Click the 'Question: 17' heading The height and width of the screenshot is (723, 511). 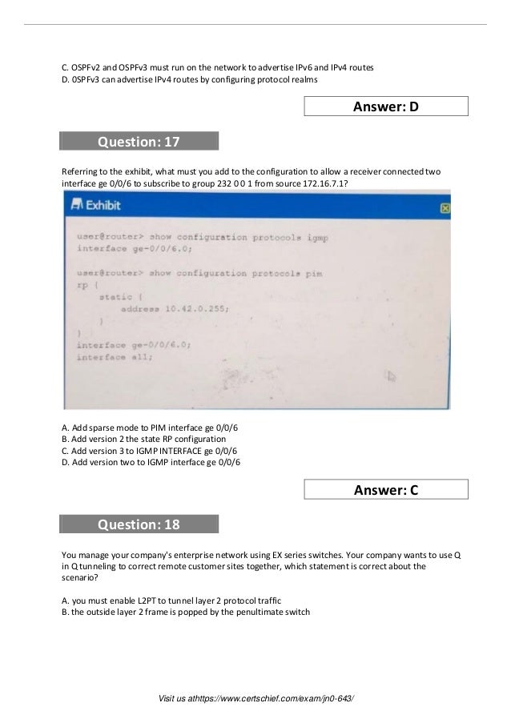[139, 142]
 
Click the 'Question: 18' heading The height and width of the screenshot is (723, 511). [139, 524]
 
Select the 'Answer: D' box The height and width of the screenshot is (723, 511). [386, 106]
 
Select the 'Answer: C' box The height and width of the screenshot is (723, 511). [386, 489]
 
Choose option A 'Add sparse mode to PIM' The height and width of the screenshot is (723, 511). [151, 428]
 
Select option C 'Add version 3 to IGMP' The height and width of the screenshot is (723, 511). [151, 451]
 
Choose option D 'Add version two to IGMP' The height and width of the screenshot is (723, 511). [151, 462]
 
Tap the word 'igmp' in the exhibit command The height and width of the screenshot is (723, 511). [316, 238]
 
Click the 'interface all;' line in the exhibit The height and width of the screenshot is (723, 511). [115, 357]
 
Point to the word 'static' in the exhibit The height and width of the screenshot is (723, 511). [115, 297]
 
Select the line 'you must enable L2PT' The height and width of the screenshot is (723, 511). [171, 600]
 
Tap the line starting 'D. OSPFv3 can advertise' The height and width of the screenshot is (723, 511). [190, 80]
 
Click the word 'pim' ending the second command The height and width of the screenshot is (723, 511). [313, 273]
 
